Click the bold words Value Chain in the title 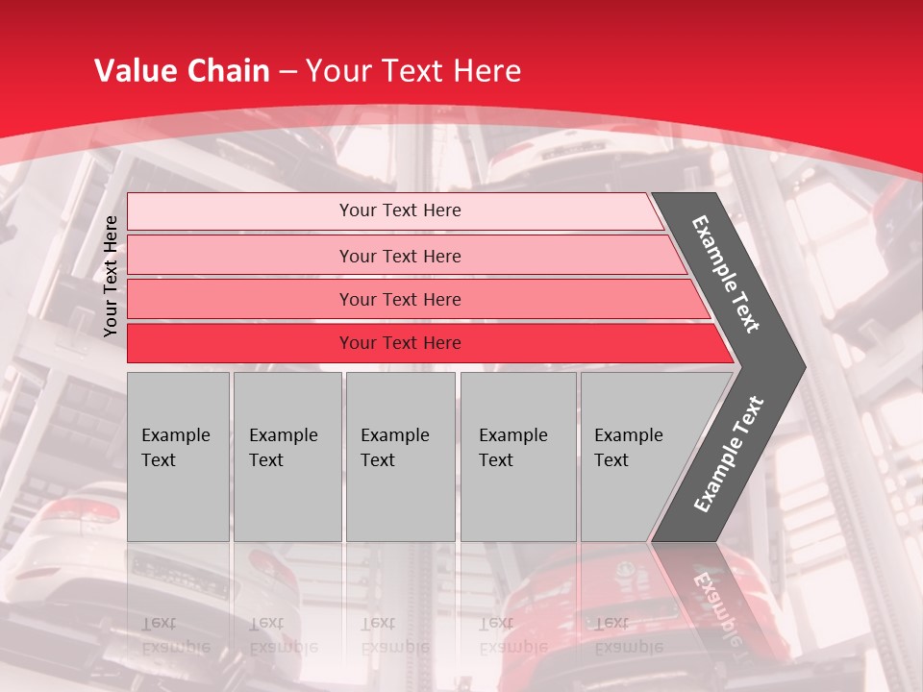point(181,70)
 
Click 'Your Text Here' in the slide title point(413,70)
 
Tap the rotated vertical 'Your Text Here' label point(111,276)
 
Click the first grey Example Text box point(178,457)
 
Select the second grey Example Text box point(287,457)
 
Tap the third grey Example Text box point(400,457)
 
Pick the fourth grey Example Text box point(518,457)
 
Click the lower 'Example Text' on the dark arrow point(728,455)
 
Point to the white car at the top point(558,154)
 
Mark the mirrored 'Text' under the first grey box point(159,623)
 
